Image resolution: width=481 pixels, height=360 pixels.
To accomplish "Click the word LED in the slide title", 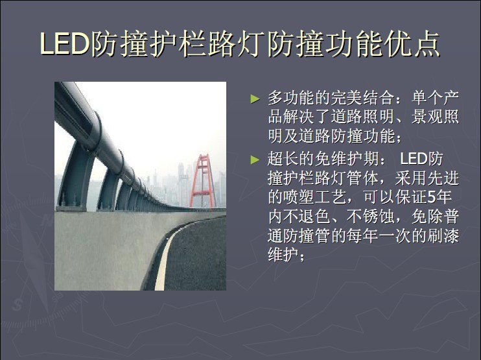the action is [x=64, y=43].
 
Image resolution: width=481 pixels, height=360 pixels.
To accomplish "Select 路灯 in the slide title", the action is [x=236, y=43].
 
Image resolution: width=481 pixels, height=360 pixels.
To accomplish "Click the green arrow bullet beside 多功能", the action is [x=255, y=99].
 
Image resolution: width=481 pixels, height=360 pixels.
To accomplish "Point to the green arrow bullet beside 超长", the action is [x=255, y=160].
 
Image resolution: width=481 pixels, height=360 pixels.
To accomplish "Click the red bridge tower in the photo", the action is [x=203, y=181].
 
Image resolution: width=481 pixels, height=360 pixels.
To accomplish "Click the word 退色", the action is [x=315, y=217].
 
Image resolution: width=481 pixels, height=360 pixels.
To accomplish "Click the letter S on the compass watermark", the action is [x=18, y=305].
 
